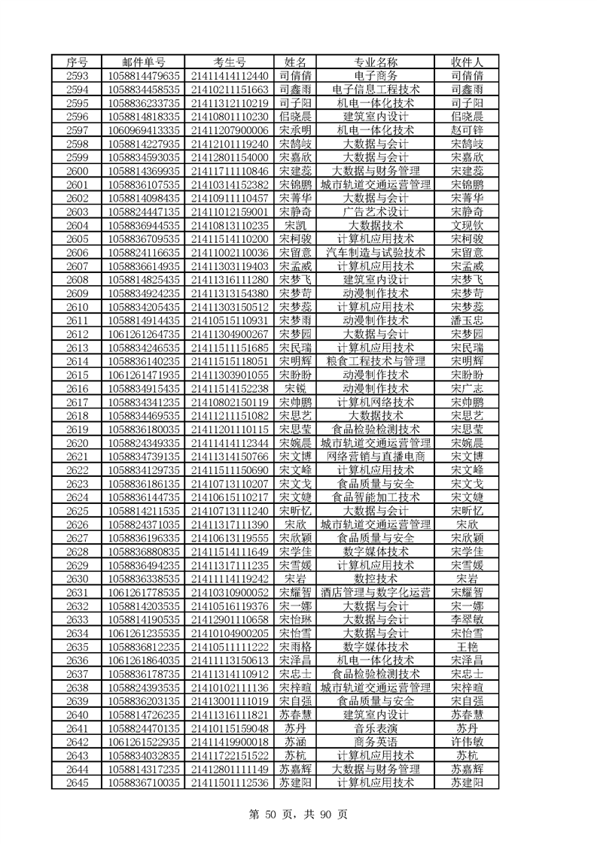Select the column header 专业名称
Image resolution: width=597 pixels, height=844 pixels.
tap(375, 62)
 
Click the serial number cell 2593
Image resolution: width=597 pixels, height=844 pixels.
tap(78, 76)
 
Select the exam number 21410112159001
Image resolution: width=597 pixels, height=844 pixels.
tap(230, 211)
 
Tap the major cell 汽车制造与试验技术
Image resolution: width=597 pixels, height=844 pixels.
tap(375, 252)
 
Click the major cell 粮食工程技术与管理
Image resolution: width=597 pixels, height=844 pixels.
tap(375, 361)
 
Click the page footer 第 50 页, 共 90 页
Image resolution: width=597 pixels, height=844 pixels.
tap(298, 813)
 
